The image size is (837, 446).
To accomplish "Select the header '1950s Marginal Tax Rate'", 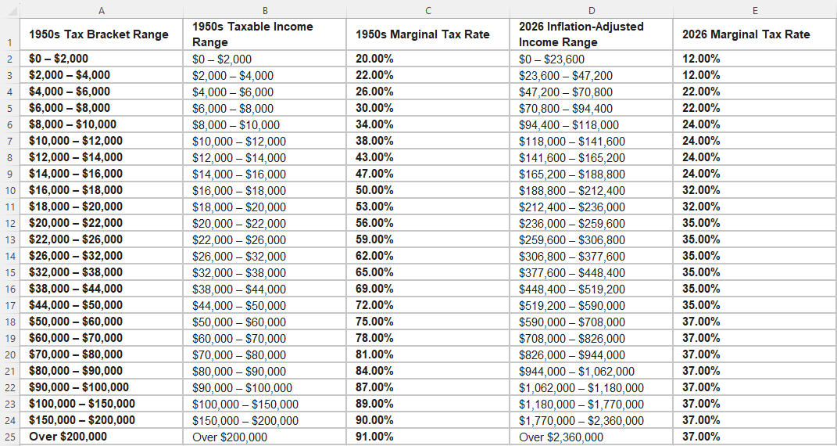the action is coord(423,34).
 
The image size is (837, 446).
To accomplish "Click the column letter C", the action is coord(428,11).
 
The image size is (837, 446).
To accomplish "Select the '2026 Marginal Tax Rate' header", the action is coord(746,34).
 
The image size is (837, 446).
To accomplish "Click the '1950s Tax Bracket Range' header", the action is coord(98,34).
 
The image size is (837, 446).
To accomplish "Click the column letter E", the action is coord(755,11).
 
